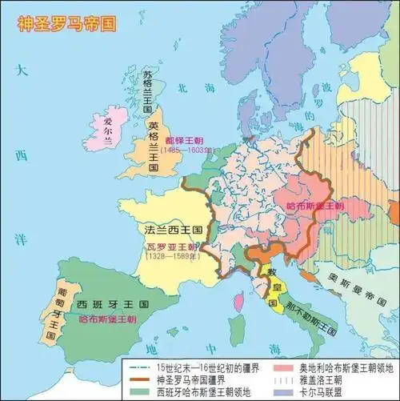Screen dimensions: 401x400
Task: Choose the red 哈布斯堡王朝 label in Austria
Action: coord(314,206)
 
